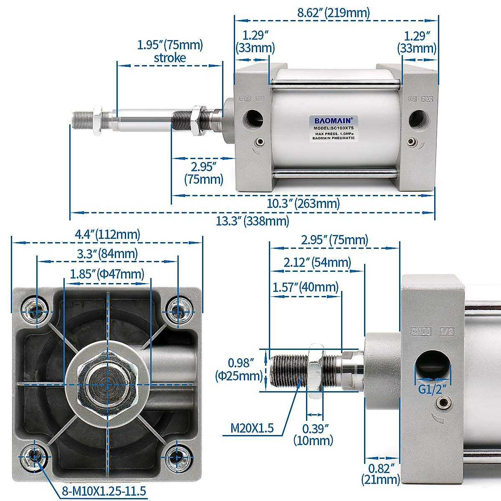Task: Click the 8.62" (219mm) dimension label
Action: click(x=333, y=13)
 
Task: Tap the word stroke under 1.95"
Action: click(x=170, y=58)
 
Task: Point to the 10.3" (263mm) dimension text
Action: click(x=303, y=204)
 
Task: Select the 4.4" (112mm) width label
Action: click(x=107, y=234)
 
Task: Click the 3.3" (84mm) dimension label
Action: click(x=107, y=253)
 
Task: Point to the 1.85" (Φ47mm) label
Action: click(x=107, y=274)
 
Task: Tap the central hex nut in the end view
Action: click(x=107, y=383)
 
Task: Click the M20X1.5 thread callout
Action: click(x=253, y=428)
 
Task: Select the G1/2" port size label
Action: click(x=433, y=390)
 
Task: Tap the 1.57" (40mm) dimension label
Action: click(x=306, y=288)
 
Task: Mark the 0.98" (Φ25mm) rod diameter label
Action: click(x=240, y=370)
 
